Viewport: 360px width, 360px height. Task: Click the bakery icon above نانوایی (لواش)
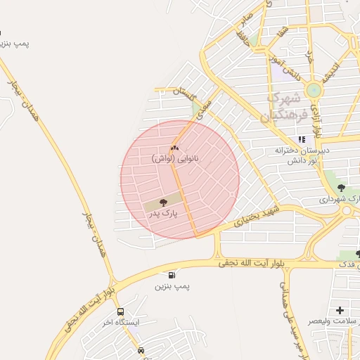(174, 148)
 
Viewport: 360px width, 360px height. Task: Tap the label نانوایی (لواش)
(175, 159)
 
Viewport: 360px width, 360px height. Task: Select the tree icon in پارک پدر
(163, 202)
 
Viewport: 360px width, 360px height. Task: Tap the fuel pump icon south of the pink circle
(172, 275)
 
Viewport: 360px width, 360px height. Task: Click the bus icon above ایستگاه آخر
(120, 311)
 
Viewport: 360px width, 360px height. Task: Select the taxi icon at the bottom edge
(141, 350)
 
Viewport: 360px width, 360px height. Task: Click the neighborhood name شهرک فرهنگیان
(285, 105)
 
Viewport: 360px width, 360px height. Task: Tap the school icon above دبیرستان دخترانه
(302, 139)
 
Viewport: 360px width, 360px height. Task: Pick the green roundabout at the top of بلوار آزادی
(314, 90)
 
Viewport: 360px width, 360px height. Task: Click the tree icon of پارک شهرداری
(341, 188)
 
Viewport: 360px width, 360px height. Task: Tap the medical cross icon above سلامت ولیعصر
(340, 310)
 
